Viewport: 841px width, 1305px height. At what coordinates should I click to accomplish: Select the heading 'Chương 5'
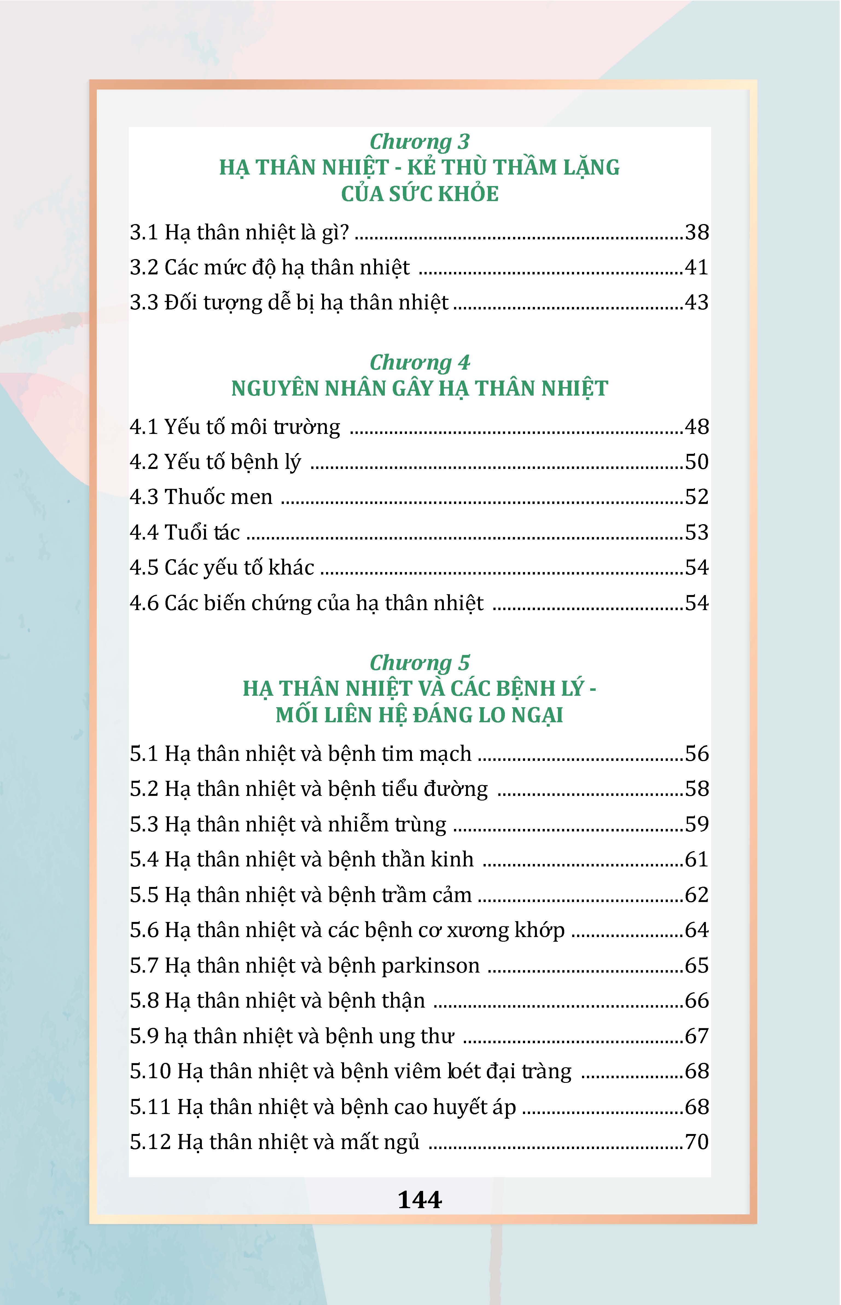(420, 663)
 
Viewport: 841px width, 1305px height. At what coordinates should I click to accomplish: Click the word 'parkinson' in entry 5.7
(430, 966)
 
